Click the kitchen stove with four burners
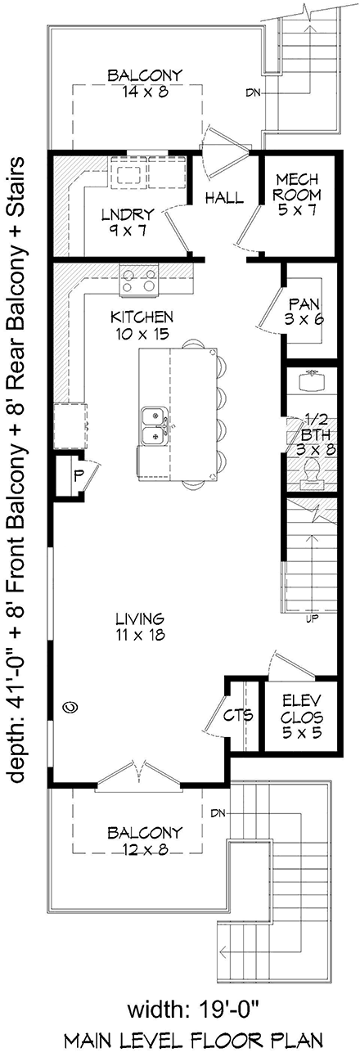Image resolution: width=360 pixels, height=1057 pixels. pyautogui.click(x=137, y=281)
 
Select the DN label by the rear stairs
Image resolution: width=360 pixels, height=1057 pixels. pyautogui.click(x=253, y=92)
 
